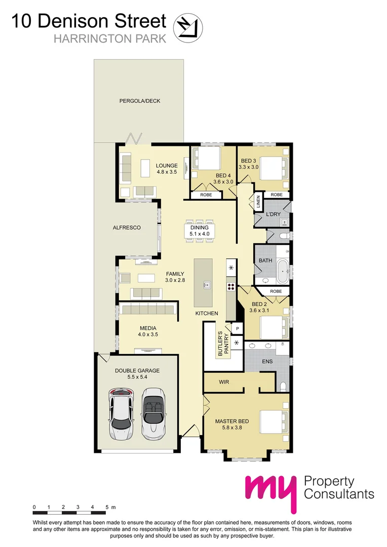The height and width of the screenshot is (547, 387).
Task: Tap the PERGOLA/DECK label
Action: [139, 101]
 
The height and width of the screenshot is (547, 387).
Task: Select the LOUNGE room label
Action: [167, 166]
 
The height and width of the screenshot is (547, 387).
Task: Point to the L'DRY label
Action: [273, 215]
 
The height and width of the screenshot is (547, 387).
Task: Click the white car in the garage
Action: [121, 414]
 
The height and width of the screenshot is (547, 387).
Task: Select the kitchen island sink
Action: [207, 285]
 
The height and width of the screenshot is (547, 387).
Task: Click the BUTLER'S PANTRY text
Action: [223, 344]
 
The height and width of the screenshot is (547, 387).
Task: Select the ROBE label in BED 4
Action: [206, 194]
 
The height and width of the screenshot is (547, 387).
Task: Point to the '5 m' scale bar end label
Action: [109, 507]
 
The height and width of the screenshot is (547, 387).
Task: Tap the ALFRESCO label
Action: [127, 228]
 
